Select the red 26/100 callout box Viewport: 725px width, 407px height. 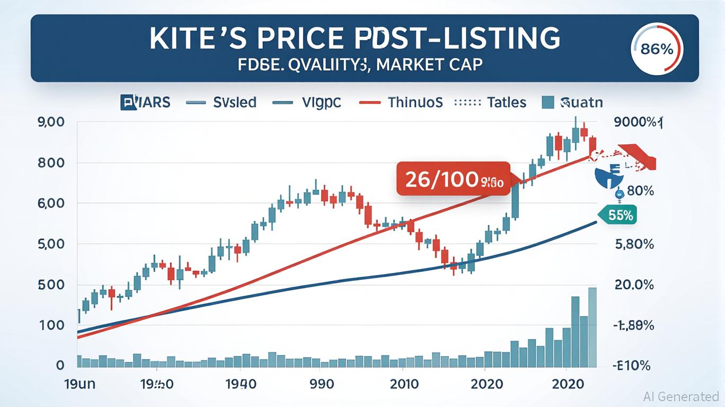coord(453,180)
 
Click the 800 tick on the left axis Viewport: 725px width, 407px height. coord(51,163)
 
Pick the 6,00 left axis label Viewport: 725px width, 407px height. coord(51,203)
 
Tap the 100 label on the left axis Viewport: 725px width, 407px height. coord(51,325)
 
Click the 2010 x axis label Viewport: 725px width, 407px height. coord(403,384)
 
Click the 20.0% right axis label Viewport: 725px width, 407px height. coord(633,285)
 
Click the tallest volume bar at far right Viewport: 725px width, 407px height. coord(592,327)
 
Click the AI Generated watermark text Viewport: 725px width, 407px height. coord(681,396)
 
